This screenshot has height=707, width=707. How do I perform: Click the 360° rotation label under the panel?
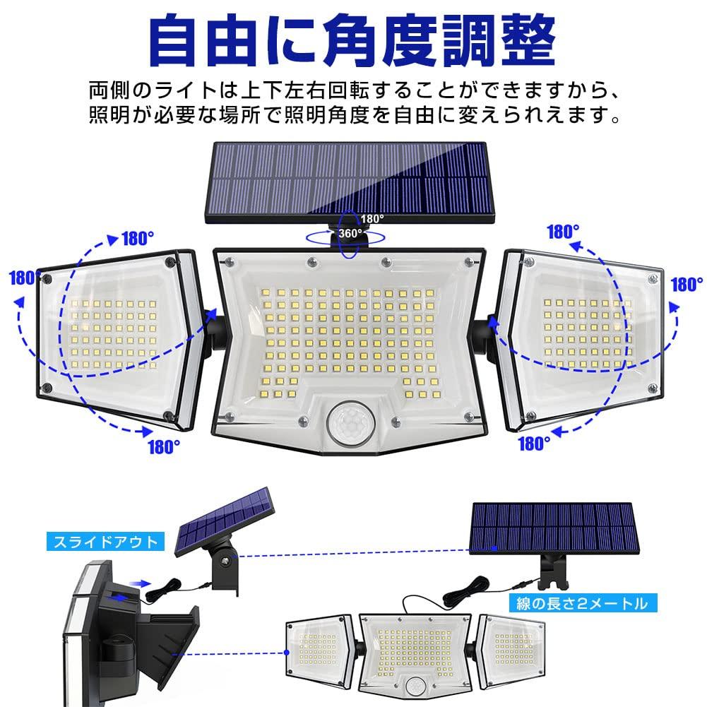click(350, 232)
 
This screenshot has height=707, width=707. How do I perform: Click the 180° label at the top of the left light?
click(138, 239)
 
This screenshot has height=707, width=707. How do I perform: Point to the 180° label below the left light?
click(163, 446)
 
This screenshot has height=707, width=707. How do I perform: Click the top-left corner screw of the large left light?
click(49, 280)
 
